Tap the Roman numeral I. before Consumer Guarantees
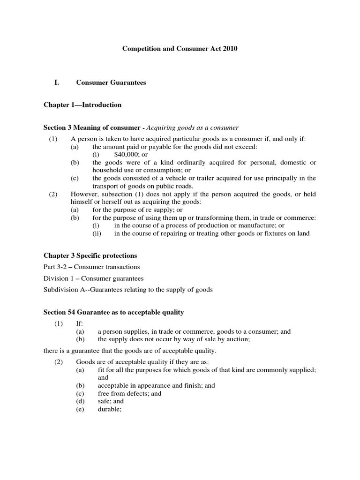(57, 82)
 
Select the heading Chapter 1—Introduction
(82, 105)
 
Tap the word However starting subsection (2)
(84, 194)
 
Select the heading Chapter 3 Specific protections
(90, 255)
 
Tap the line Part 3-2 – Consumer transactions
(91, 267)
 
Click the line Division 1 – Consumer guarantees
(93, 278)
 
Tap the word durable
(109, 409)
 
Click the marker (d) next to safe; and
(80, 401)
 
